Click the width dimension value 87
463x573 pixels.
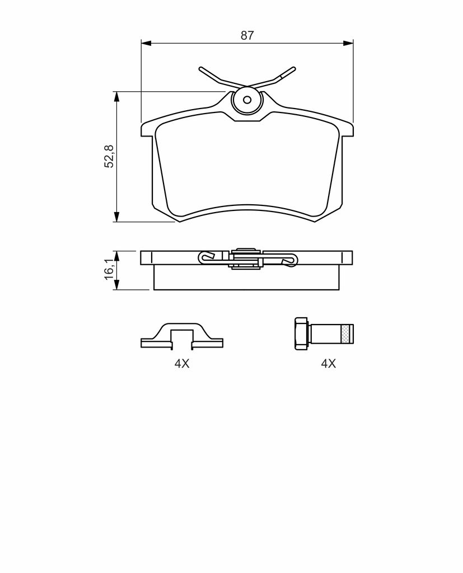[x=247, y=35]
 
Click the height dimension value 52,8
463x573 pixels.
[x=109, y=157]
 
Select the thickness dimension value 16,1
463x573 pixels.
[x=109, y=269]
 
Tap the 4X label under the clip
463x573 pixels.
[x=182, y=364]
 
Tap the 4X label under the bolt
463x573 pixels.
[x=328, y=364]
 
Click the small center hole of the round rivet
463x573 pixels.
[x=247, y=100]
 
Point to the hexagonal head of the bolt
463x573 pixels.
[x=301, y=334]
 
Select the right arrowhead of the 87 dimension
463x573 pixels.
[x=349, y=43]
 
